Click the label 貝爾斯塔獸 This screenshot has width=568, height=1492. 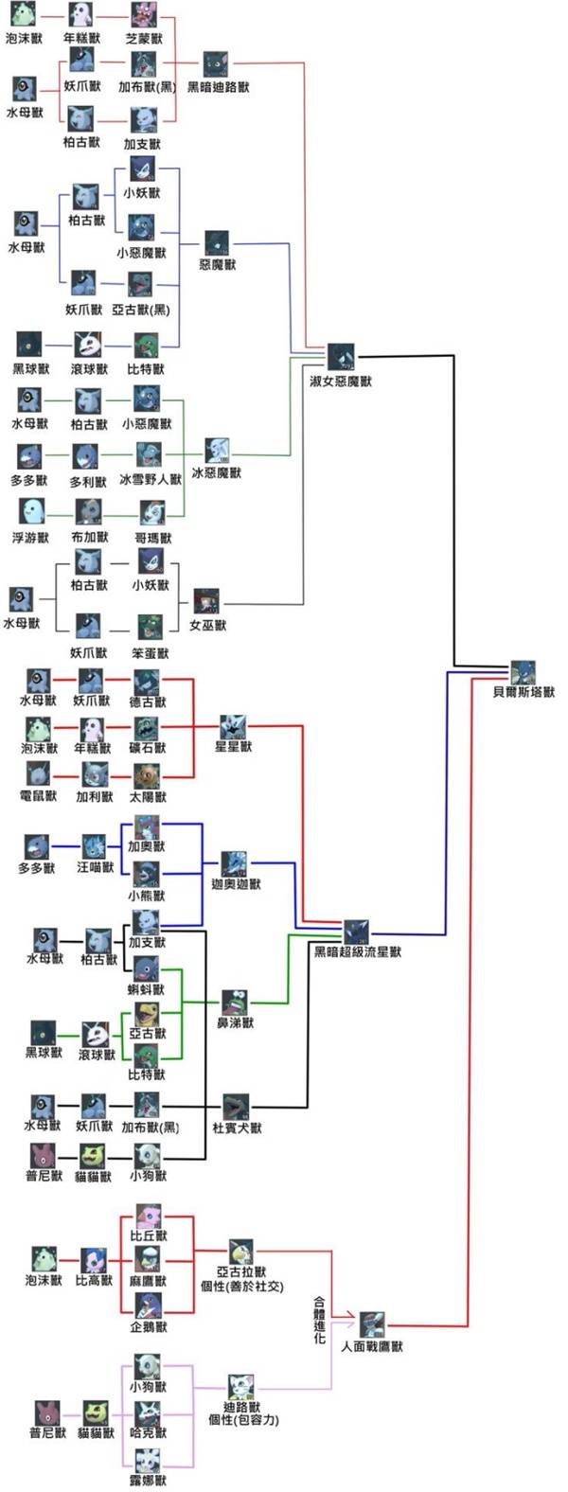pyautogui.click(x=524, y=692)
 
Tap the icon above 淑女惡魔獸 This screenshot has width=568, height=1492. pyautogui.click(x=341, y=357)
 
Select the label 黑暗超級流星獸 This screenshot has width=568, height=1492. pyautogui.click(x=358, y=950)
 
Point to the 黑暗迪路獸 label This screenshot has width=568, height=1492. pyautogui.click(x=219, y=87)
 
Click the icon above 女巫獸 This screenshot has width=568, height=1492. pyautogui.click(x=206, y=601)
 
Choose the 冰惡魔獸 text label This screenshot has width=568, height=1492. pyautogui.click(x=217, y=472)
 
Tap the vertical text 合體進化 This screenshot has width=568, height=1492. pyautogui.click(x=320, y=1321)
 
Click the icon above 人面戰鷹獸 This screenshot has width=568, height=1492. pyautogui.click(x=372, y=1323)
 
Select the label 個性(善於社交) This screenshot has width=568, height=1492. pyautogui.click(x=241, y=1287)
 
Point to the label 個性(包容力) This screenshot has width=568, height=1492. pyautogui.click(x=243, y=1420)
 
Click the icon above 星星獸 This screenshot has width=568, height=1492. pyautogui.click(x=233, y=726)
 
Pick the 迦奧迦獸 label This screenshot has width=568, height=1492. pyautogui.click(x=236, y=884)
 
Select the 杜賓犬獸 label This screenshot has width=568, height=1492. pyautogui.click(x=237, y=1128)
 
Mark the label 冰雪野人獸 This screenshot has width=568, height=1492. pyautogui.click(x=151, y=480)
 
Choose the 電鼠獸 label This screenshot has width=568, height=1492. pyautogui.click(x=39, y=796)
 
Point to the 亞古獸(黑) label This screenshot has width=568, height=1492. pyautogui.click(x=141, y=310)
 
